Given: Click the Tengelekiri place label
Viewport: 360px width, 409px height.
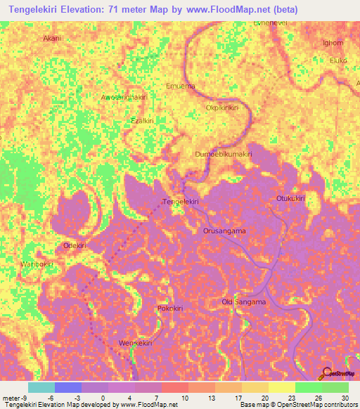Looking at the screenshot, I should pyautogui.click(x=181, y=202).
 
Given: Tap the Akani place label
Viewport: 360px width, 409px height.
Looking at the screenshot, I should pyautogui.click(x=52, y=39).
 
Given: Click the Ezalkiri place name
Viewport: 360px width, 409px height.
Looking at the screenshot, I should pyautogui.click(x=143, y=121).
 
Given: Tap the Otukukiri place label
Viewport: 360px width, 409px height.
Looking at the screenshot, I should pyautogui.click(x=290, y=199).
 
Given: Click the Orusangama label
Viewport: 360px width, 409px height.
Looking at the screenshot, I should pyautogui.click(x=224, y=231).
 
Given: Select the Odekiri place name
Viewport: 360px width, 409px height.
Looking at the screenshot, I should pyautogui.click(x=75, y=245).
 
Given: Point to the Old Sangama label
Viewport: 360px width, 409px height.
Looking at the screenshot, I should pyautogui.click(x=244, y=302).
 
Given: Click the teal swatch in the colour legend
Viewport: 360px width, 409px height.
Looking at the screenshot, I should pyautogui.click(x=41, y=387).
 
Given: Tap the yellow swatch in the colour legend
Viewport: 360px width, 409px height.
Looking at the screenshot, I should pyautogui.click(x=281, y=387).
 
